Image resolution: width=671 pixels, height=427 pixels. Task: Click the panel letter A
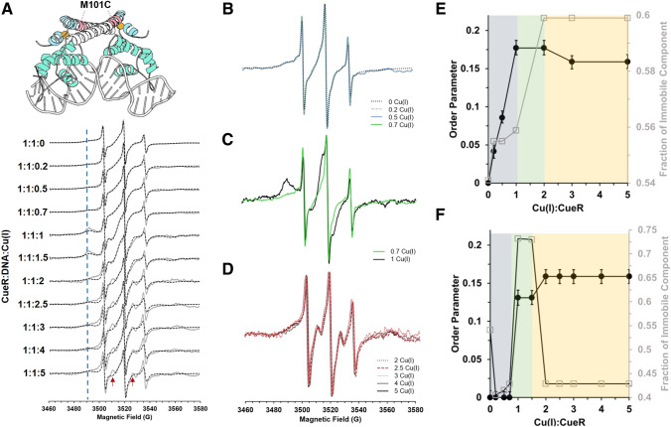coord(10,10)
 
